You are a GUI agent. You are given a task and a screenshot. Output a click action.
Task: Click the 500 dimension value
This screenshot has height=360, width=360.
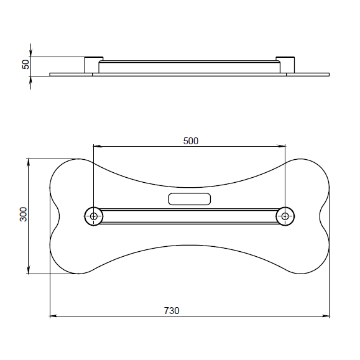[x=190, y=141]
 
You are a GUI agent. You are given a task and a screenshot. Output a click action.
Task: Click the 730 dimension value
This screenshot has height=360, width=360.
[x=172, y=311]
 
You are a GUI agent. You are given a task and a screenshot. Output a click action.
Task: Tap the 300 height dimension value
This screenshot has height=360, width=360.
[x=24, y=215]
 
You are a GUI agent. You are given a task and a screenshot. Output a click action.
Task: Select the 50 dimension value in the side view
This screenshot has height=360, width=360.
[x=25, y=64]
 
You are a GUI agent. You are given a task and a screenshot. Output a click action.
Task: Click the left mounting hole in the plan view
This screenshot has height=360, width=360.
[x=94, y=216]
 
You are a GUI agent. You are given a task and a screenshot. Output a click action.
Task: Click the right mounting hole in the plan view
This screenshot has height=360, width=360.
[x=285, y=216]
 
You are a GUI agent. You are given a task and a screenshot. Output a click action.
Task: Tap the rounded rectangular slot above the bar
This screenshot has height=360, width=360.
[x=190, y=199]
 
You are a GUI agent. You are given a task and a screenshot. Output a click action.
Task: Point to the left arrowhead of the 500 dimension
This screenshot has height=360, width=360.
[x=97, y=146]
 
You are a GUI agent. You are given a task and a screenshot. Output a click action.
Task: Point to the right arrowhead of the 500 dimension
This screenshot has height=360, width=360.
[x=282, y=146]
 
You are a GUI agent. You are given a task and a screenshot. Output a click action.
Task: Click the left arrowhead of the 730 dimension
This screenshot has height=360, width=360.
[x=53, y=316]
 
